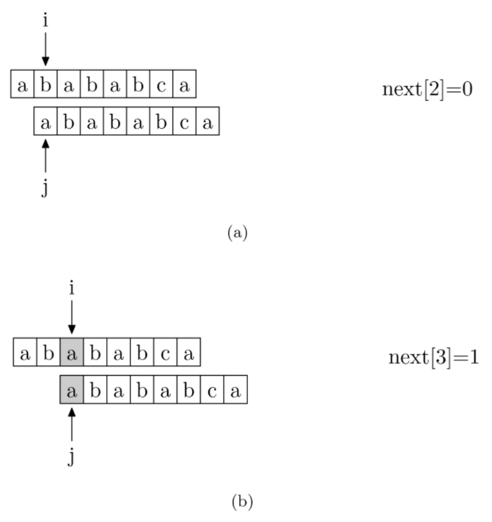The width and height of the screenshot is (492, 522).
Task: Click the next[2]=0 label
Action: pos(428,90)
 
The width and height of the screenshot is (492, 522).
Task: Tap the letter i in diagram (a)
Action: pos(45,20)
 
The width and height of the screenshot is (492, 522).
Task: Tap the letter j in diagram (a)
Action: pos(45,189)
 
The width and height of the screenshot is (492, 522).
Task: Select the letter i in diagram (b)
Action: pos(71,287)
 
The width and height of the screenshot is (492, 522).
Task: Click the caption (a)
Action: pos(238,233)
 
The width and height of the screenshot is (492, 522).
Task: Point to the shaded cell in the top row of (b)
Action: pos(71,352)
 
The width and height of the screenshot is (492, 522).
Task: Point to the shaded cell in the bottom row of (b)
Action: pos(71,390)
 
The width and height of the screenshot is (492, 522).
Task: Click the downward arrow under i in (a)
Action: pos(45,49)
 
